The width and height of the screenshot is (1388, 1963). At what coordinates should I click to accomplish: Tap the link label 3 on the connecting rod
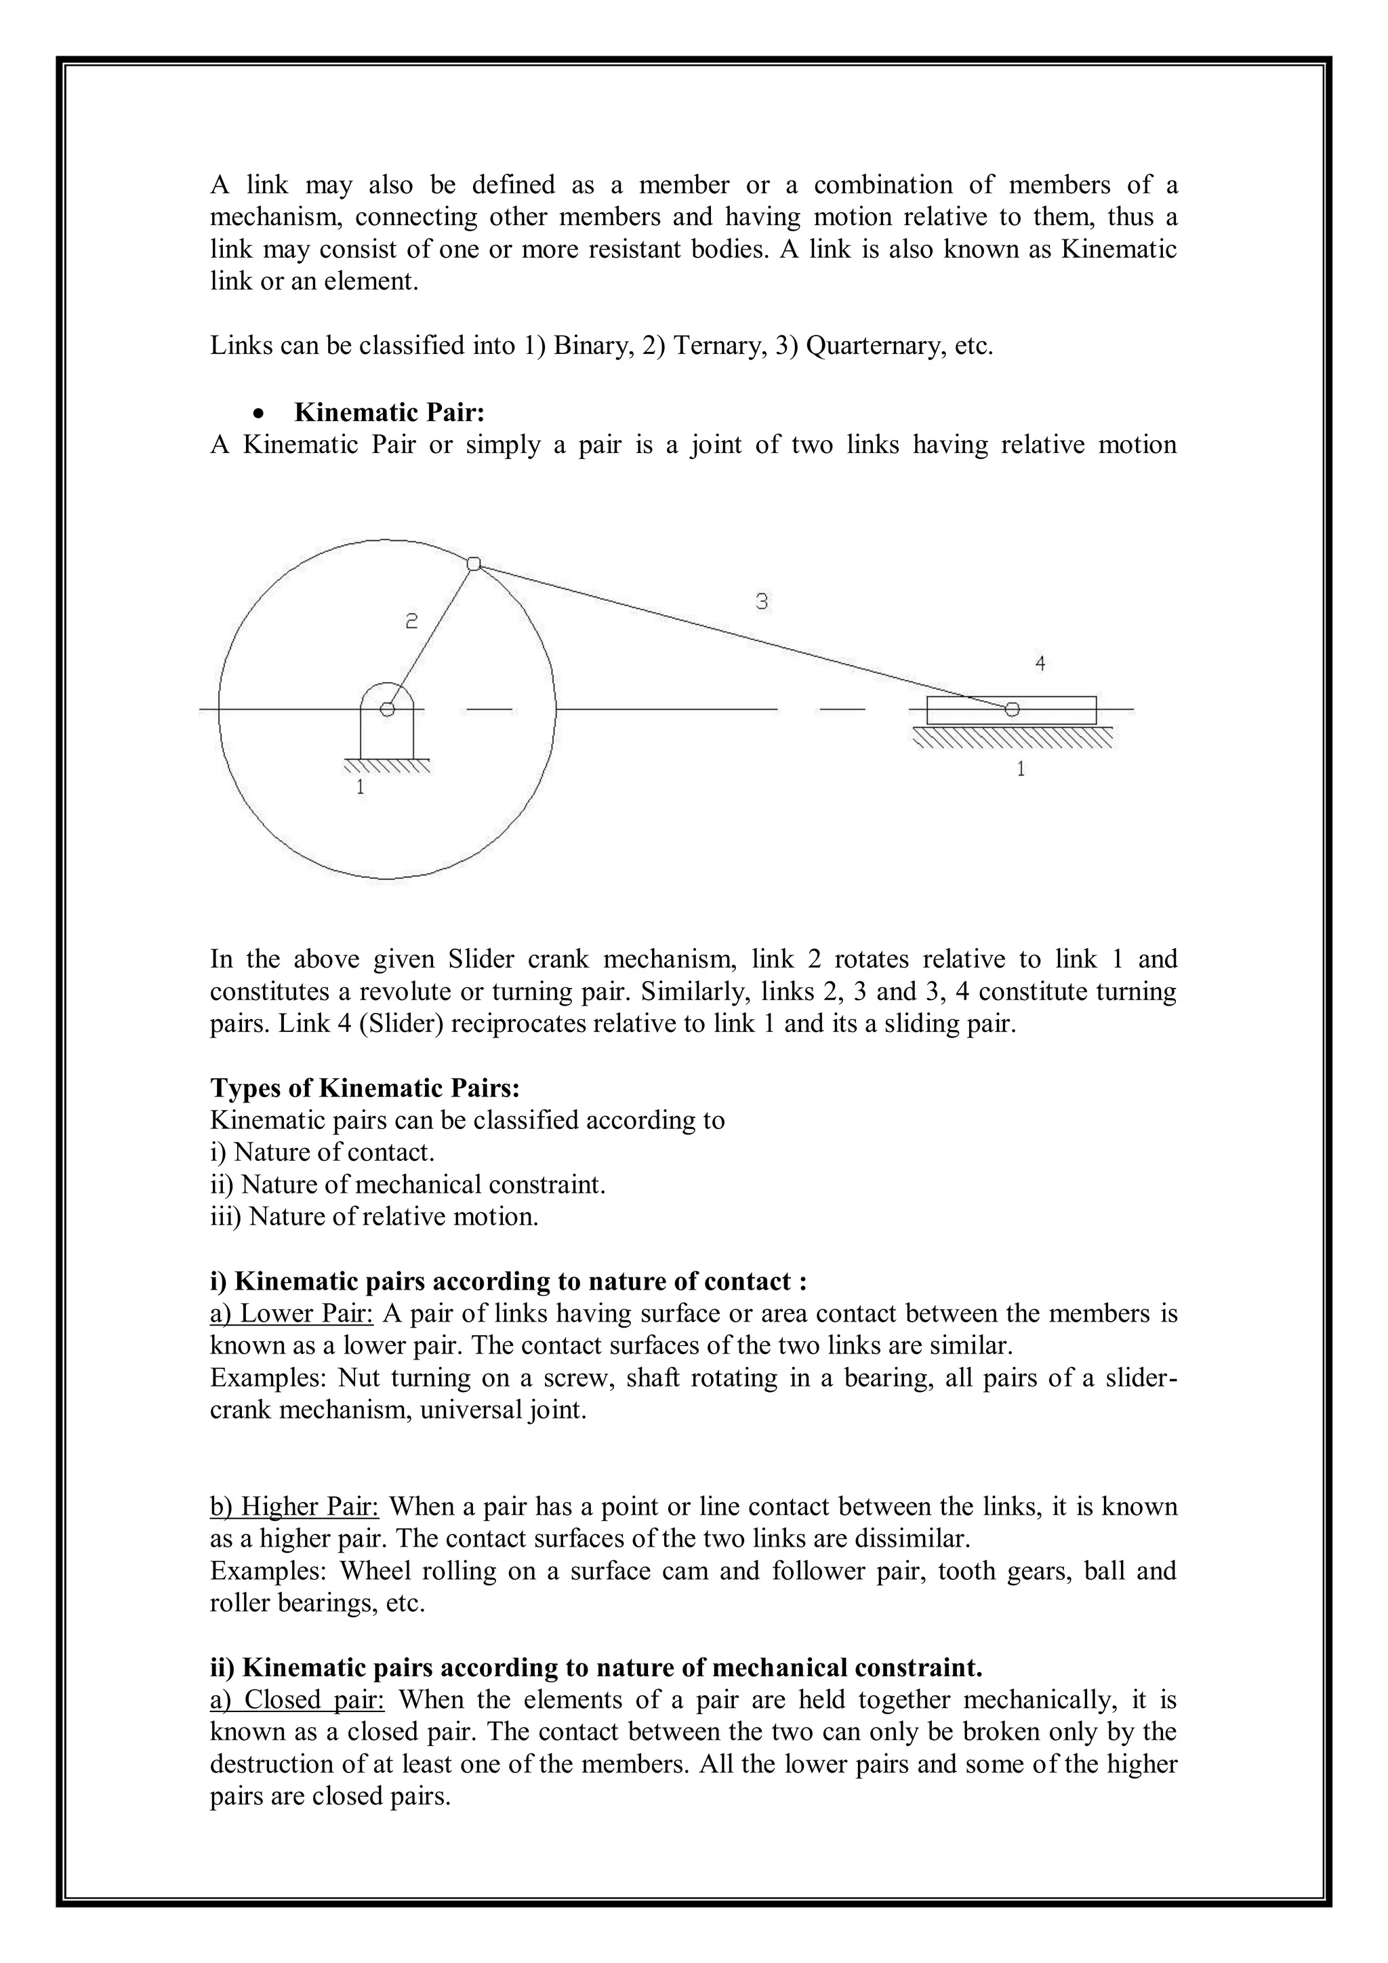[762, 602]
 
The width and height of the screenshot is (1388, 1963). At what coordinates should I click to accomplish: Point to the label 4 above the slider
[1040, 662]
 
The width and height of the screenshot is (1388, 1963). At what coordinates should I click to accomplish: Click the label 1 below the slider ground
[1021, 769]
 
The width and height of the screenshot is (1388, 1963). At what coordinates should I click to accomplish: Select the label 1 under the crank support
[360, 786]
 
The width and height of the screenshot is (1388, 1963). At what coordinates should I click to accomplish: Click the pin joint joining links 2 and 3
[474, 563]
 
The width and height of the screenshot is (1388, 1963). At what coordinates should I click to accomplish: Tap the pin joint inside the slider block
[1012, 709]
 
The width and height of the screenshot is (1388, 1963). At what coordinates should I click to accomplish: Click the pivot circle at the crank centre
[387, 709]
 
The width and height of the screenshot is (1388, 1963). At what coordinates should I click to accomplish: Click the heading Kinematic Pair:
[389, 413]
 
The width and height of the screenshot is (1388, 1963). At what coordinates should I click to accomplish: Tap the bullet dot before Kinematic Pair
[258, 414]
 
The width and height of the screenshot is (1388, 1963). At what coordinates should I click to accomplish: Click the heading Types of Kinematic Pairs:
[365, 1088]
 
